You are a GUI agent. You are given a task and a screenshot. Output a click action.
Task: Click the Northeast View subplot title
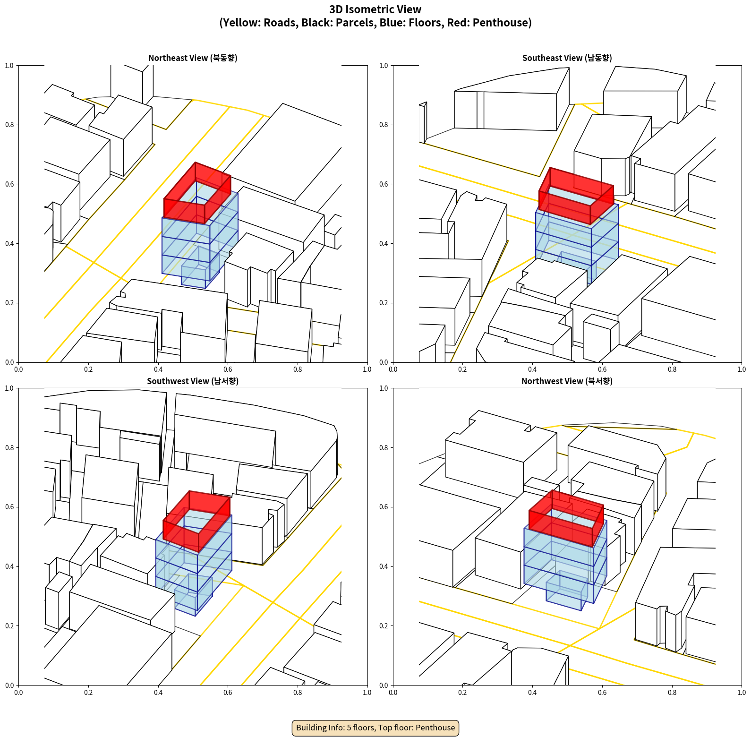pos(193,58)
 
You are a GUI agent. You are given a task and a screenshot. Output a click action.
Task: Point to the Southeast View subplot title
pos(567,58)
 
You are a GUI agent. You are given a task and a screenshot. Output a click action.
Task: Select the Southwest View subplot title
pos(193,381)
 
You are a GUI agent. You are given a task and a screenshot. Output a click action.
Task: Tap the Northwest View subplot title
pos(567,381)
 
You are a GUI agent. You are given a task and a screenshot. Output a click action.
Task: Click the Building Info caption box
pos(375,728)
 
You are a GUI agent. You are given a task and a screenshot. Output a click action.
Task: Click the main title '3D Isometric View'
pos(375,9)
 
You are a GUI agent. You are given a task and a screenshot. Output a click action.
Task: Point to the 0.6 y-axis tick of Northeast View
pos(9,184)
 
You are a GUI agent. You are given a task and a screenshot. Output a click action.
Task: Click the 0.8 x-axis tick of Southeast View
pos(672,369)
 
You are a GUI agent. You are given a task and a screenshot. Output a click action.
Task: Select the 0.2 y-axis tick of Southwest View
pos(9,626)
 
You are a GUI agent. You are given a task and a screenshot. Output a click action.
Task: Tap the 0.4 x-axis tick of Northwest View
pos(532,693)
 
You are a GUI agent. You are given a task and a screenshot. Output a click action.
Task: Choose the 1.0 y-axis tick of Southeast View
pos(384,66)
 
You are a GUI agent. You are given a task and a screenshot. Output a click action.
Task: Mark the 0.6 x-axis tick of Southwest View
pos(228,693)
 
